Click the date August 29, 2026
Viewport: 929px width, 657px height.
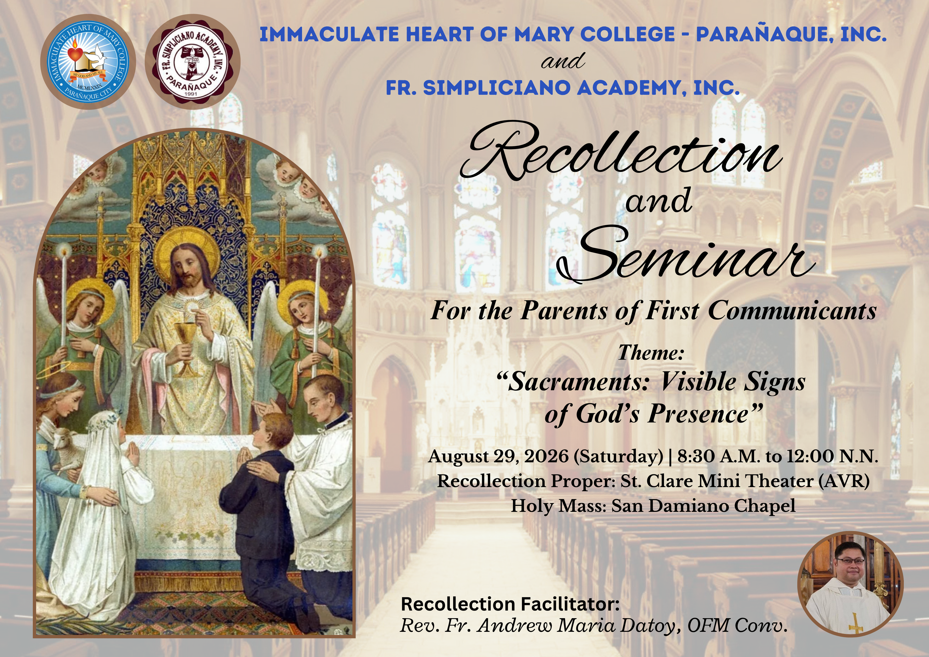coord(499,456)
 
